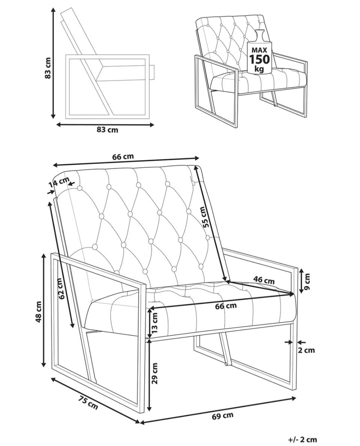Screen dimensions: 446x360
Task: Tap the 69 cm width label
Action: point(223,416)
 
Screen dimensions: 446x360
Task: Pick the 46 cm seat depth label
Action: point(264,280)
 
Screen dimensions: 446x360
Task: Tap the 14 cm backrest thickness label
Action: point(59,183)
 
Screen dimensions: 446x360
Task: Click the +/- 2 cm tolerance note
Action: point(303,439)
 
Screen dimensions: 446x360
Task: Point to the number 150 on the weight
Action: point(259,59)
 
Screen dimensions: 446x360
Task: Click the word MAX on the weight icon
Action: point(259,50)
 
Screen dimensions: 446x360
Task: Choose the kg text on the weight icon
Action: point(259,69)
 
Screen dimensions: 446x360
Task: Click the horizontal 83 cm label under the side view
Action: point(107,130)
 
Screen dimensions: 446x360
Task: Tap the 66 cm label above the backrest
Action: point(123,157)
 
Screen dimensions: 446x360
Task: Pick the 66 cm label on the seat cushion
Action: point(226,306)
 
